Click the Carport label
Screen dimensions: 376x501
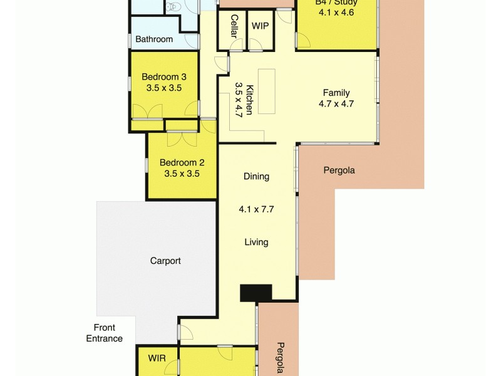coord(166,261)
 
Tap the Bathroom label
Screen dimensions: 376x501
coord(154,39)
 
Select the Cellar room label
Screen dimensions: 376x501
coord(234,26)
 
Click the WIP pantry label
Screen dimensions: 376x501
coord(260,26)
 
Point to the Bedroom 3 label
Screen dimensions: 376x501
coord(163,77)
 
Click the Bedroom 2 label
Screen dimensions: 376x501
coord(182,162)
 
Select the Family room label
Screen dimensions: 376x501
coord(336,93)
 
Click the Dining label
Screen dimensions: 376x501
coord(256,177)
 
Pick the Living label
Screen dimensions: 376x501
coord(256,242)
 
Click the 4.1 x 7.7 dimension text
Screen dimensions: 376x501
coord(256,209)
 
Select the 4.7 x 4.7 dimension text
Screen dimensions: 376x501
coord(336,104)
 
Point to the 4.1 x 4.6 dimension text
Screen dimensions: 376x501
coord(336,13)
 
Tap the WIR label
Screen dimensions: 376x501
coord(157,359)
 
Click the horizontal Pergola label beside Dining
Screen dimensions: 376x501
coord(339,170)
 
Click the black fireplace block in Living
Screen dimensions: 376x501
coord(256,293)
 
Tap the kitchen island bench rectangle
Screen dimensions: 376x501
coord(267,91)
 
